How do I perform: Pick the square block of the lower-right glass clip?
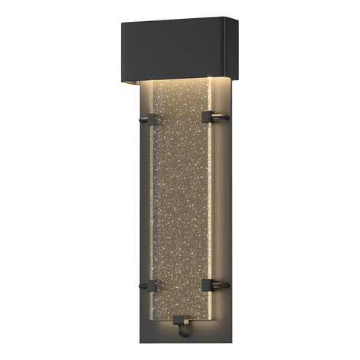click(x=208, y=283)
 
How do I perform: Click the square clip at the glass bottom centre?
click(x=181, y=318)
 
